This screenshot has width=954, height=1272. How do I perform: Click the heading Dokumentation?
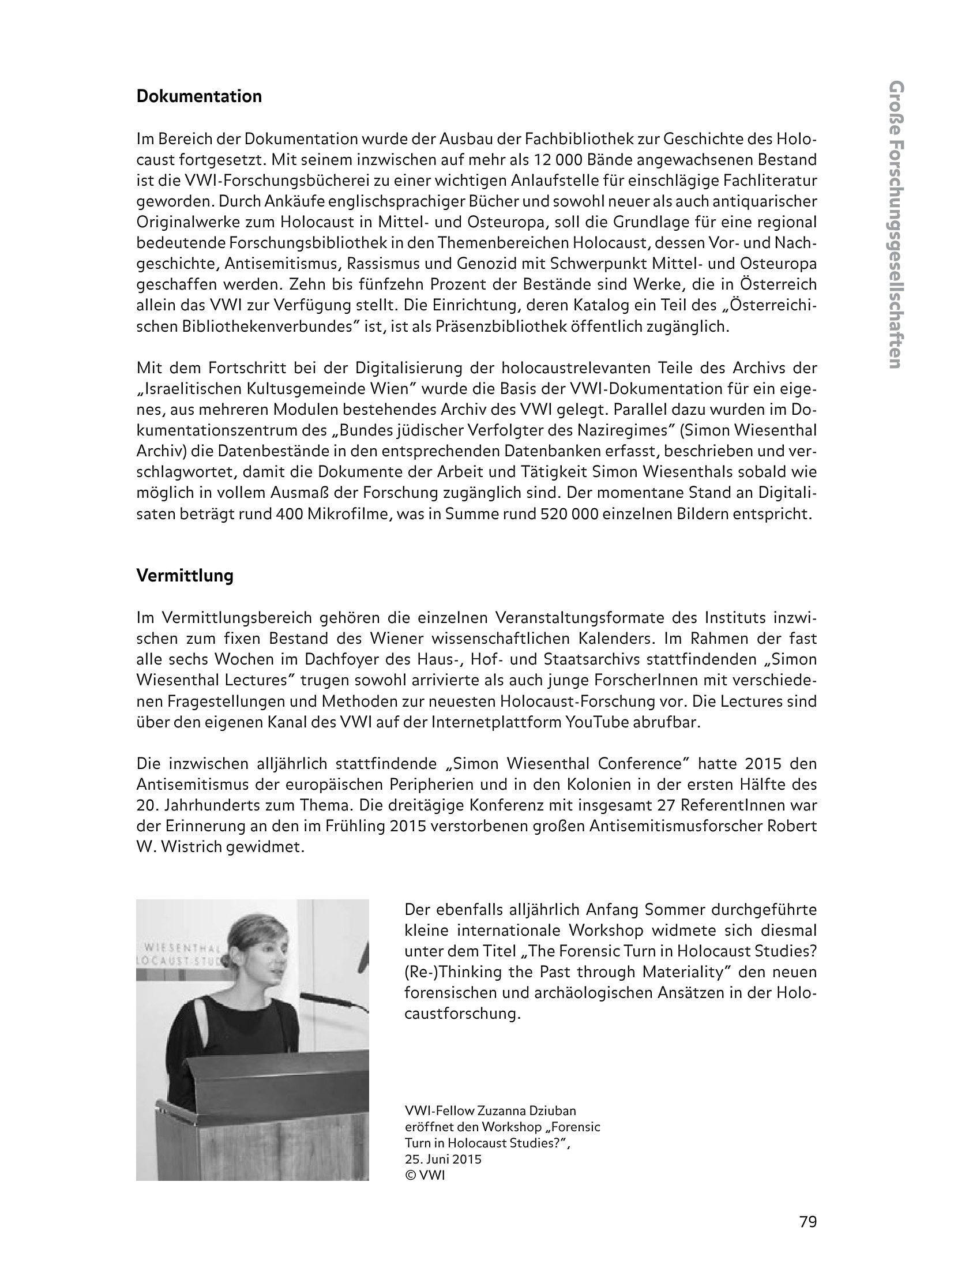point(199,96)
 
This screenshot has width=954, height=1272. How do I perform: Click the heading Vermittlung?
point(185,576)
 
